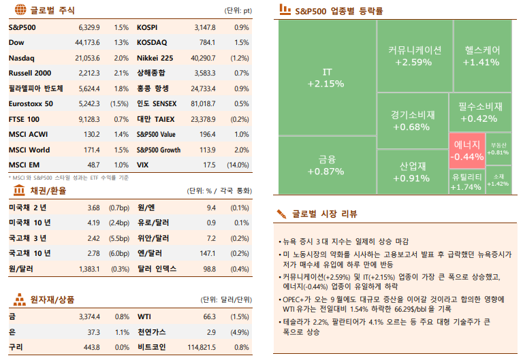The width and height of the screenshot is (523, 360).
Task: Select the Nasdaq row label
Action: click(x=21, y=58)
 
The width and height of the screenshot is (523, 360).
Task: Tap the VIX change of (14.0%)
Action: click(x=238, y=165)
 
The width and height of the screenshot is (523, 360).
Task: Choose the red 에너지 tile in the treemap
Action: click(x=466, y=150)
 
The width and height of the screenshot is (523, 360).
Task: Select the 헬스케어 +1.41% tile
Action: click(x=482, y=56)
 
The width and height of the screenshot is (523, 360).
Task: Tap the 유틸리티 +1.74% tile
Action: click(x=466, y=181)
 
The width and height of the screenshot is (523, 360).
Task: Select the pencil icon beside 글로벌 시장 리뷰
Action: click(x=281, y=214)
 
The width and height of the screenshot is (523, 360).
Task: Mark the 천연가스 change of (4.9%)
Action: click(x=239, y=332)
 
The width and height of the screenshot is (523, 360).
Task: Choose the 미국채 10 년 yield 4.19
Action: click(x=94, y=222)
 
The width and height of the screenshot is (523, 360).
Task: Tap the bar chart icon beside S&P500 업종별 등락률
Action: click(x=282, y=11)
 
